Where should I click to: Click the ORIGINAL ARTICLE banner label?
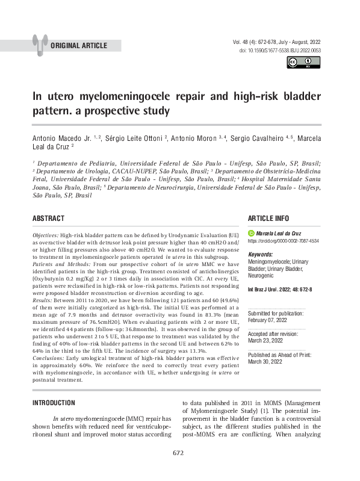(x=79, y=46)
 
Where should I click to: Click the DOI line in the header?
(x=280, y=51)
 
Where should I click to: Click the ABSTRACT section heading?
(x=48, y=218)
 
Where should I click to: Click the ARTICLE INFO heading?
(x=268, y=218)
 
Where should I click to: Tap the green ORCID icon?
(x=251, y=232)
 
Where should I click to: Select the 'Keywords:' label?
(x=261, y=255)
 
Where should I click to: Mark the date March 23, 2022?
(x=265, y=340)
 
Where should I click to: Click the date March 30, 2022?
(x=265, y=361)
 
